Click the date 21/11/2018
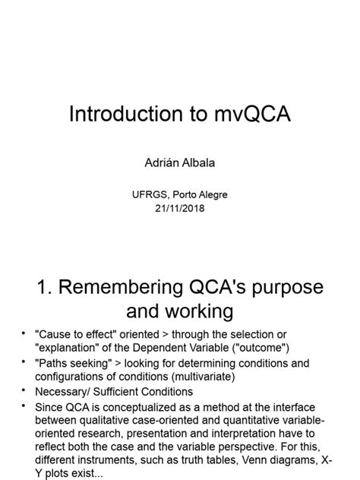coord(179,207)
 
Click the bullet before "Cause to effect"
coord(24,335)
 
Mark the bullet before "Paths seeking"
coord(24,364)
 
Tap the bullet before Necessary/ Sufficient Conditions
coord(24,392)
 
